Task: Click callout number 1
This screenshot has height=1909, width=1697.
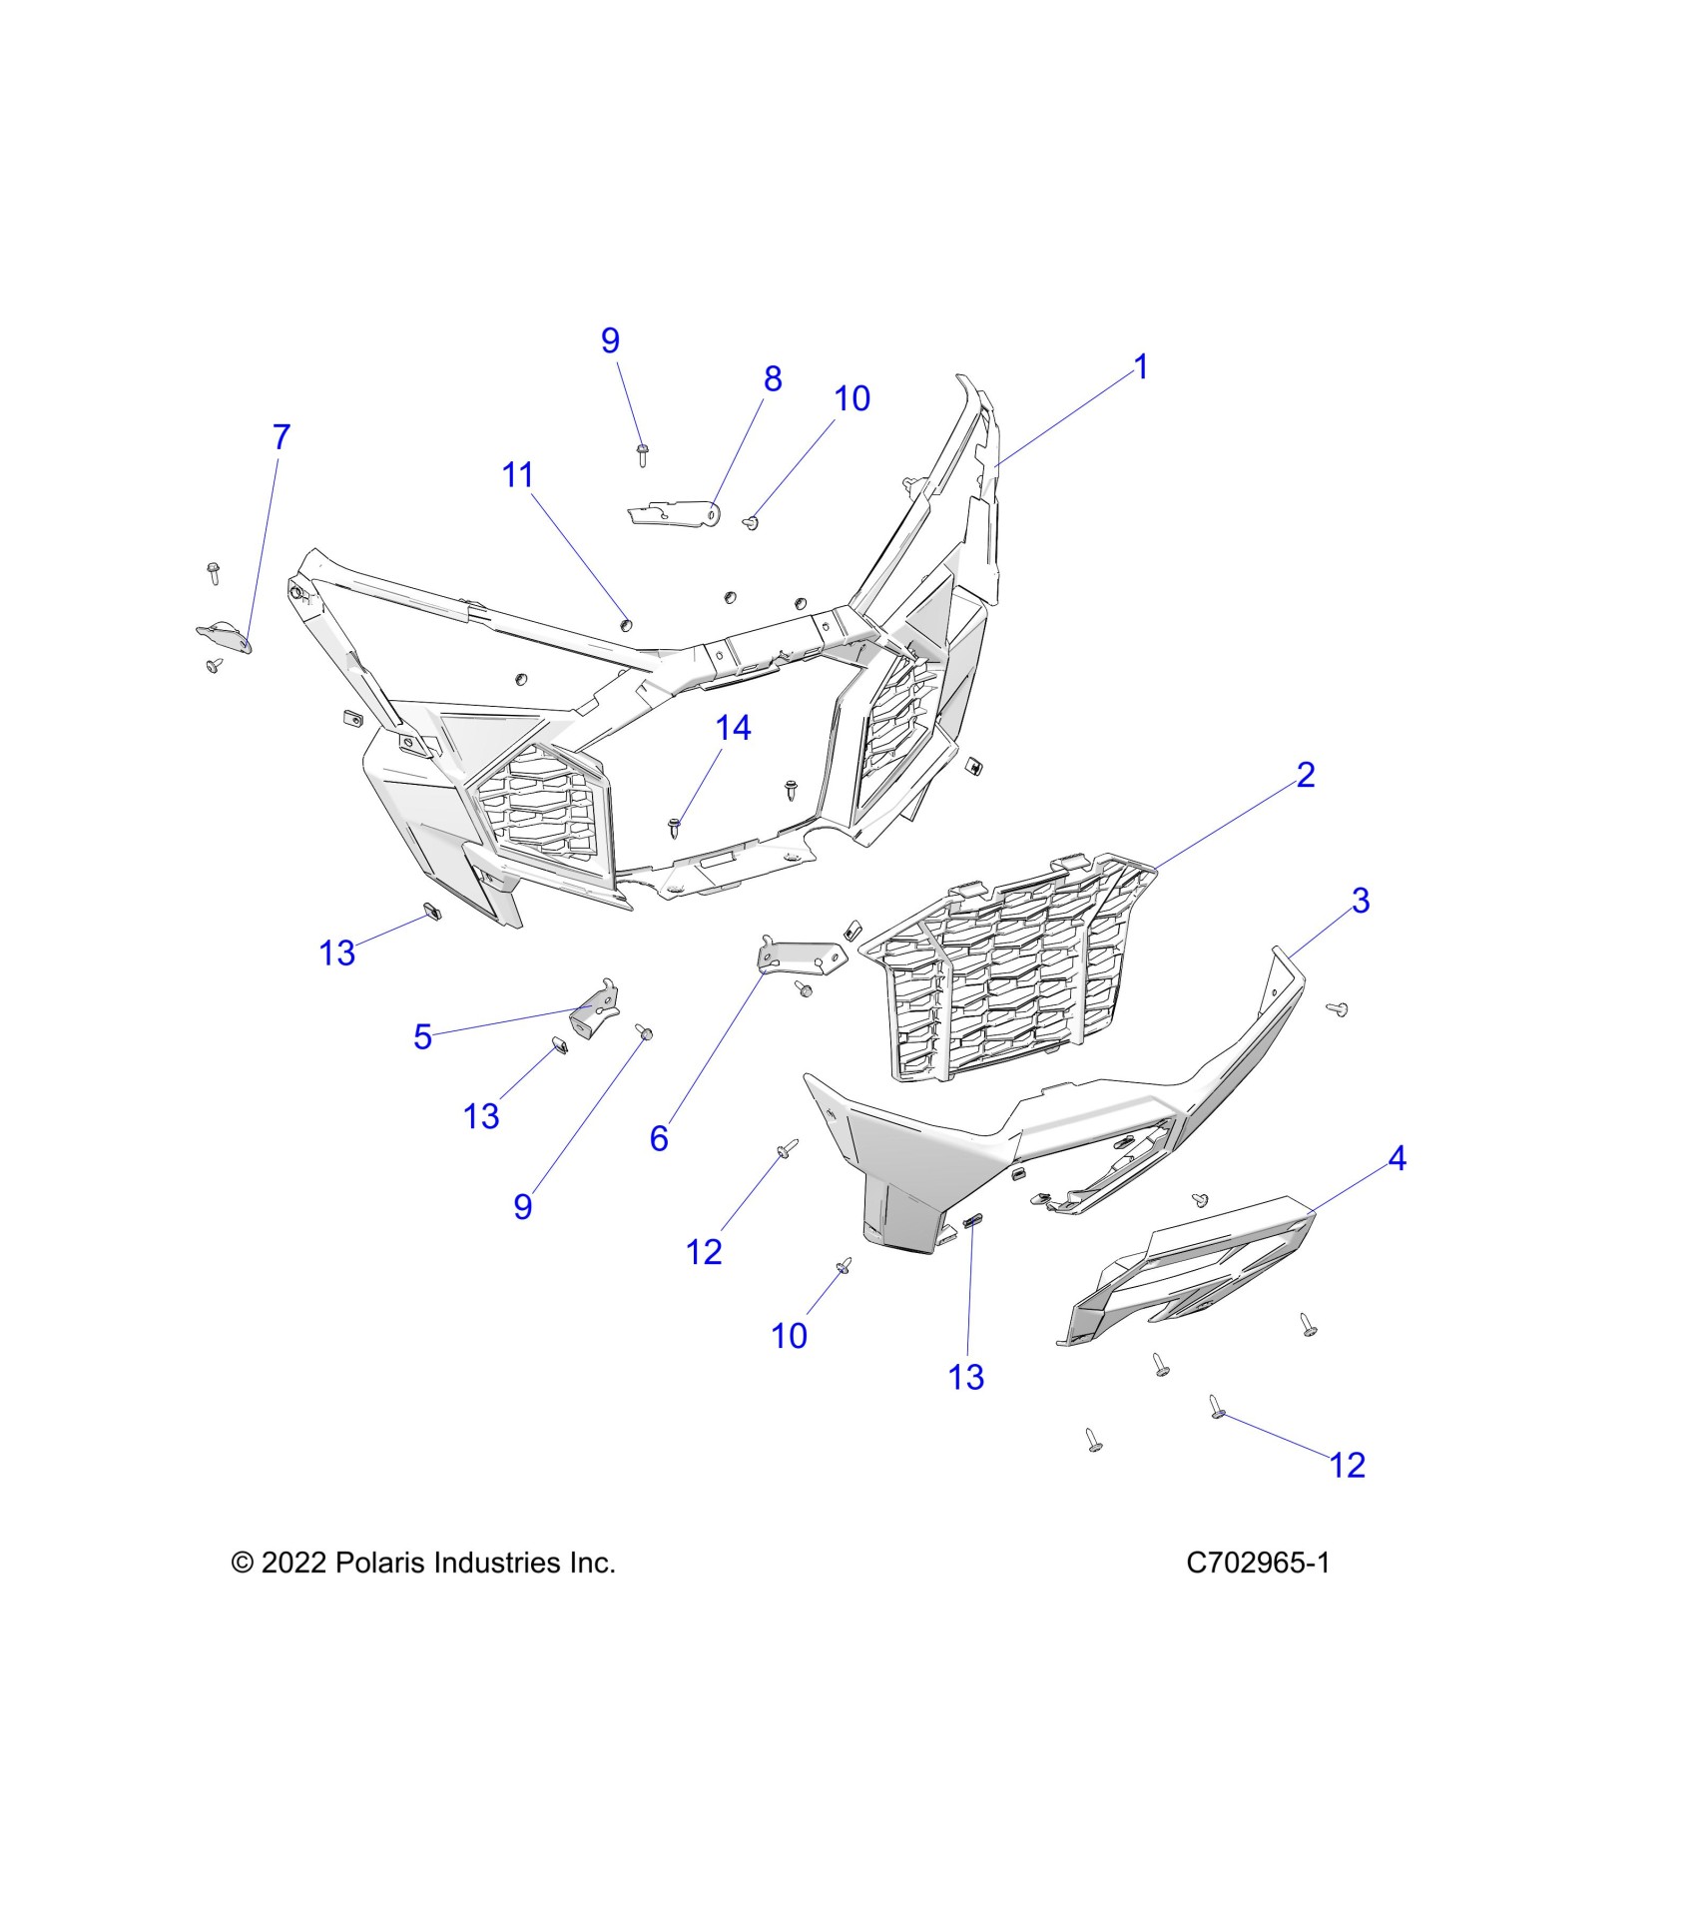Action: (1141, 367)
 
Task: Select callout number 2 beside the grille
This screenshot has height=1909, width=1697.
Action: (1306, 775)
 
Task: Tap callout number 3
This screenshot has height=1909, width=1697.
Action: (1361, 901)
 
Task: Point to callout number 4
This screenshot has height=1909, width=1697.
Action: (1397, 1158)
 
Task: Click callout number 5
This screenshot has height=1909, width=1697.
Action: (422, 1036)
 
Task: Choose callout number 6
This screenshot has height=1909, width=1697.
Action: (659, 1138)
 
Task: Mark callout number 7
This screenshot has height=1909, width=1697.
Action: (281, 436)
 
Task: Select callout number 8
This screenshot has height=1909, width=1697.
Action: (773, 379)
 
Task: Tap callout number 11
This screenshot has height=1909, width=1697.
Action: (517, 475)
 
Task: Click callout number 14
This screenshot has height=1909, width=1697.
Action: (733, 728)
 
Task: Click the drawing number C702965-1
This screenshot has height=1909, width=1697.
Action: (1258, 1563)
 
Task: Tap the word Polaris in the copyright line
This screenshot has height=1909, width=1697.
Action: (380, 1563)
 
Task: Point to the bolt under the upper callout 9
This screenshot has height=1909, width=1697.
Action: (643, 456)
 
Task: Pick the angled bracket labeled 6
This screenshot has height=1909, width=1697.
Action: (799, 956)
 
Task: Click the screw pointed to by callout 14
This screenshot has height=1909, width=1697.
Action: (675, 826)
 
